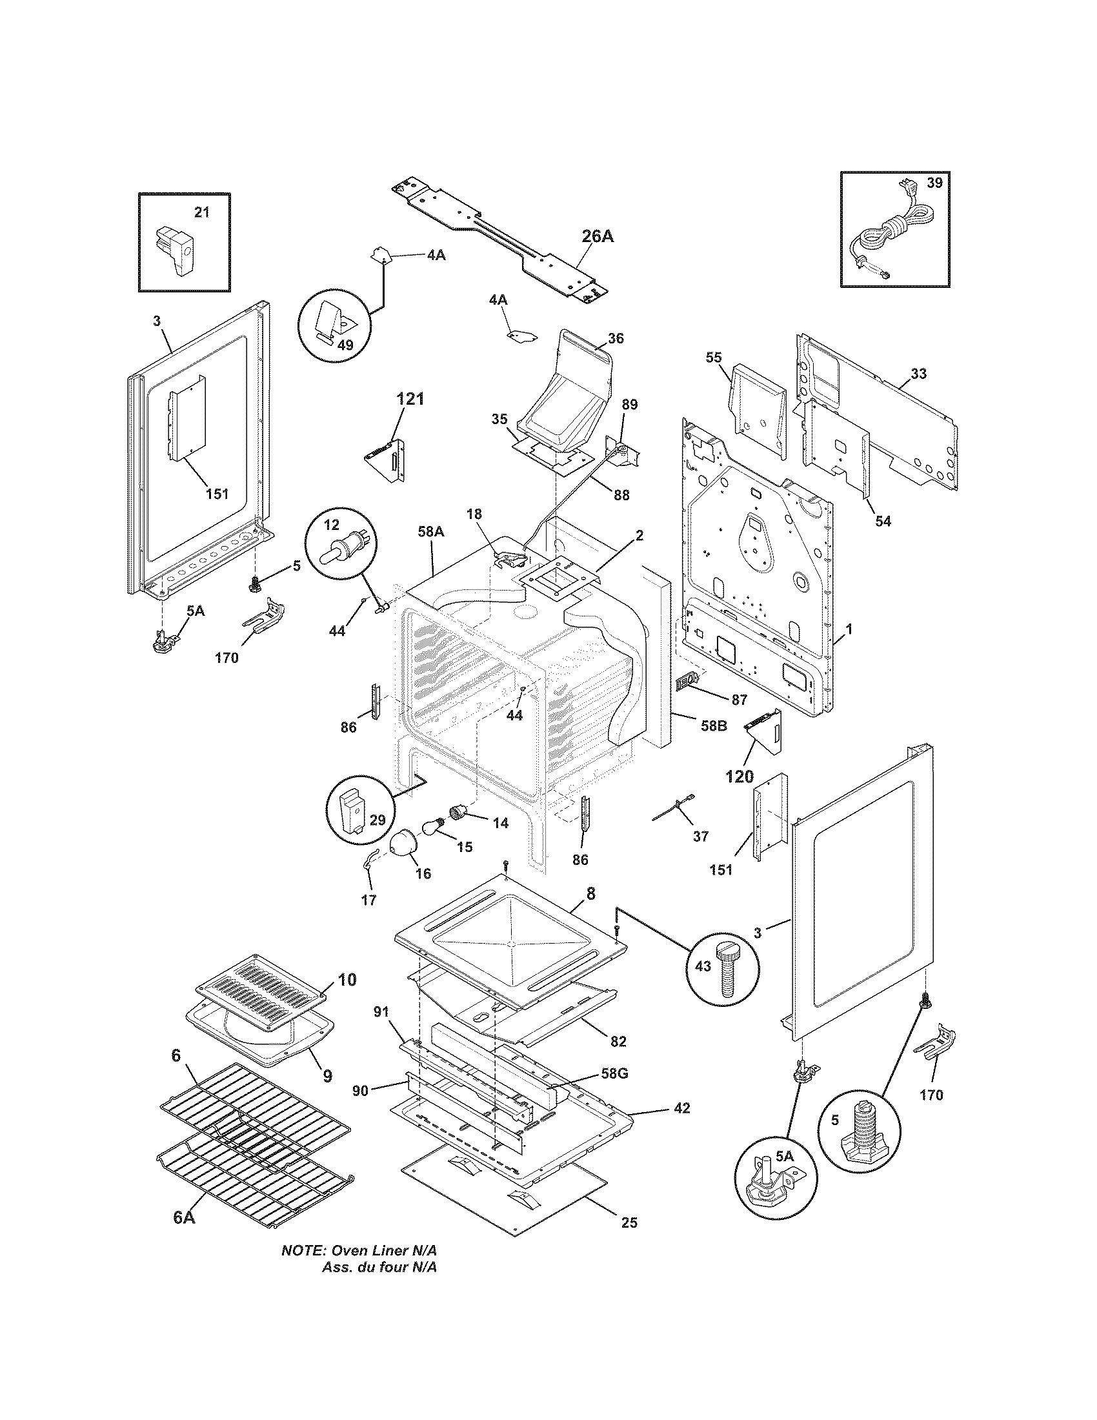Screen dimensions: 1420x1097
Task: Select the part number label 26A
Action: [597, 236]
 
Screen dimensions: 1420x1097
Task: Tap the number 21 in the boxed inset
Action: [202, 212]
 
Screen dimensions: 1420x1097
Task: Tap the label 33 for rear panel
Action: [919, 374]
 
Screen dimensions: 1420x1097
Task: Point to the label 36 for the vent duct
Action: [616, 338]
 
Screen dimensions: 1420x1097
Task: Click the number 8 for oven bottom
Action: [590, 893]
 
